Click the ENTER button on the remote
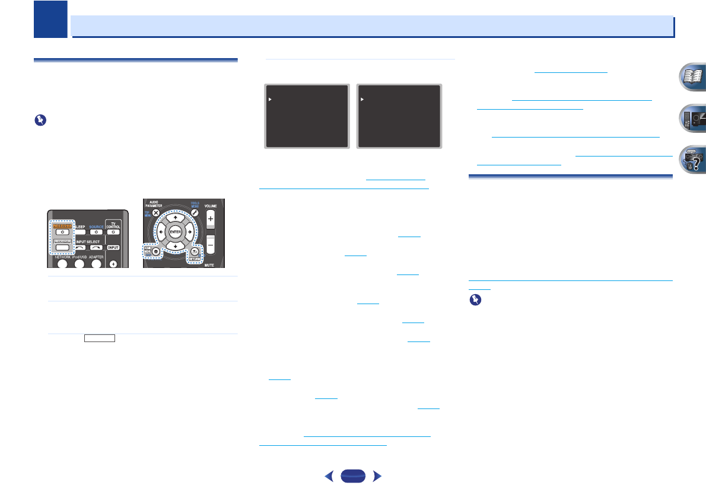(175, 232)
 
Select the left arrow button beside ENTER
(160, 232)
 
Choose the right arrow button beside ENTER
(190, 232)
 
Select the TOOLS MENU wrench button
(193, 212)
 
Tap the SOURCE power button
(96, 232)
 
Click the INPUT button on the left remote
(114, 247)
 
